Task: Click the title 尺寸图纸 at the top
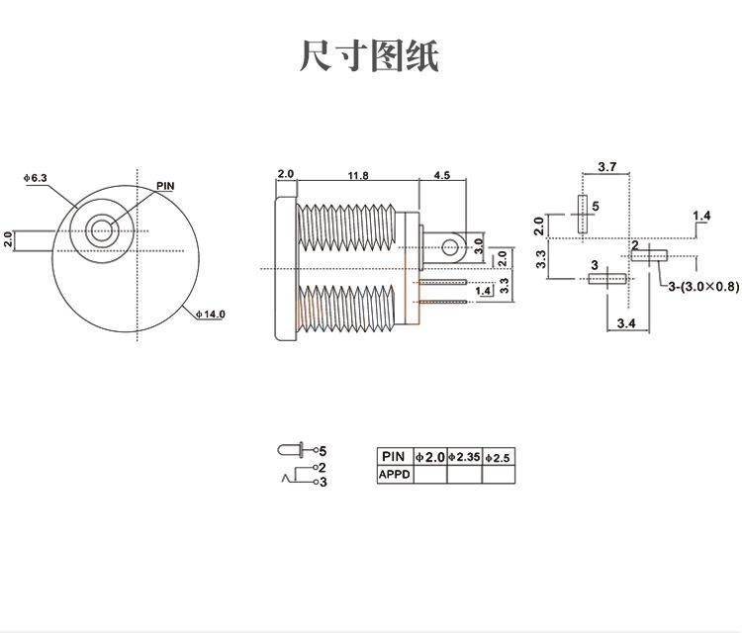pos(369,55)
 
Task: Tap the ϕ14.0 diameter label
pos(211,314)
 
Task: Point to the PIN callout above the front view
pos(165,185)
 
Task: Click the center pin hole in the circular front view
pos(100,231)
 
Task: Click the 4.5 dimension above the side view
pos(441,175)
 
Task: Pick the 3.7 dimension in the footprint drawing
pos(607,167)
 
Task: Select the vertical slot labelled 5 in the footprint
pos(582,213)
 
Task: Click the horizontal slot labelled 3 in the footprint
pos(606,279)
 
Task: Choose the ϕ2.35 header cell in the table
pos(464,457)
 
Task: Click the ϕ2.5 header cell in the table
pos(499,457)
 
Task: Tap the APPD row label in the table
pos(394,474)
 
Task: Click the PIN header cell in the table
pos(394,457)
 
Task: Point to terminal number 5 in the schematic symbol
pos(323,450)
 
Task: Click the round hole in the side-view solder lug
pos(452,245)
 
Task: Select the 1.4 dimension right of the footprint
pos(701,216)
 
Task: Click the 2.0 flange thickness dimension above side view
pos(285,175)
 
